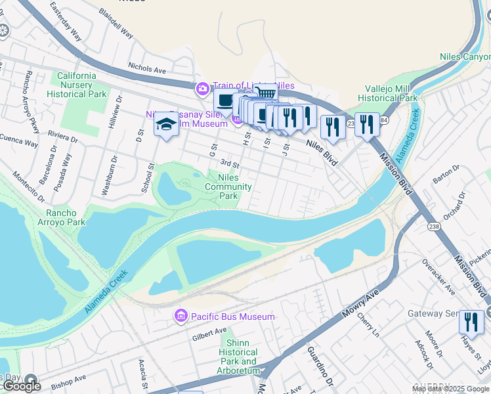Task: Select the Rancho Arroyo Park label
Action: (x=66, y=217)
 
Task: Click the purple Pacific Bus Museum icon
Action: (x=181, y=317)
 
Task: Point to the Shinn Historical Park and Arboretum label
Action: (x=240, y=357)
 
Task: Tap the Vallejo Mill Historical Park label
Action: (x=391, y=93)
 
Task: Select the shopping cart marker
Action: (x=265, y=93)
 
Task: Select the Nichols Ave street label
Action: (x=147, y=68)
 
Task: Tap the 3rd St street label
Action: (x=228, y=162)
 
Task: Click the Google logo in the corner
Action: (x=22, y=386)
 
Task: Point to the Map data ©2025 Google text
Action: (x=450, y=389)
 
